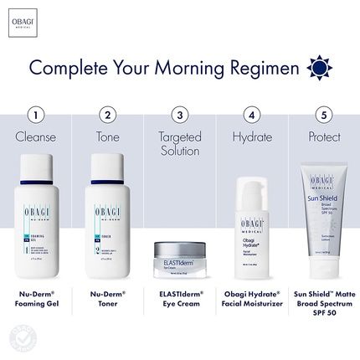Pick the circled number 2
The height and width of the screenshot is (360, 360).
coord(107,114)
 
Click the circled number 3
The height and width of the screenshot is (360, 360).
coord(178,114)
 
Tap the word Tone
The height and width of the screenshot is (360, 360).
coord(107,136)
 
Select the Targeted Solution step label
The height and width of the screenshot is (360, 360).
coord(178,142)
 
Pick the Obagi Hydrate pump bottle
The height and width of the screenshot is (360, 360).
coord(249,226)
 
